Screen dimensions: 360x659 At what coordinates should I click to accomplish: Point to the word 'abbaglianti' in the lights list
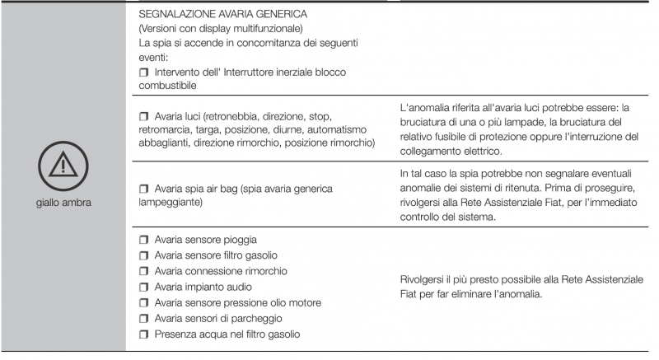pos(169,143)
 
